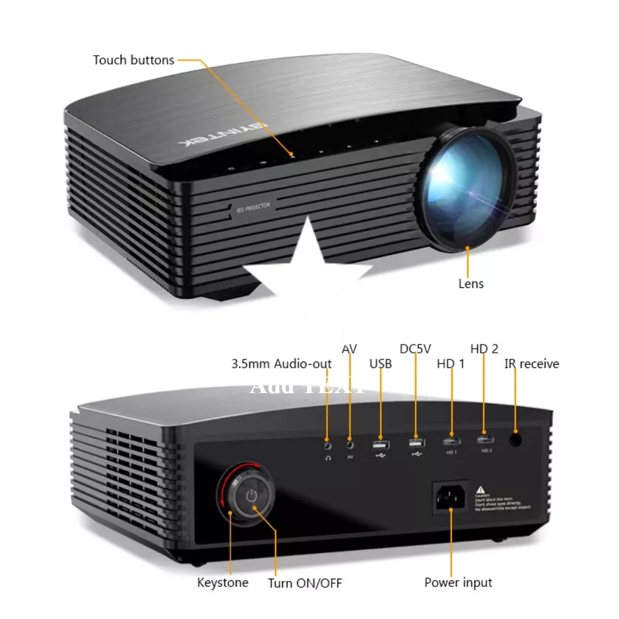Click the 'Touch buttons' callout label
point(134,60)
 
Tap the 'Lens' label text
point(471,284)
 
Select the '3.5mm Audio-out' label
point(281,364)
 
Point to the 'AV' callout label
point(349,349)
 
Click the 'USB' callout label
point(381,364)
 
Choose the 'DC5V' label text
point(415,349)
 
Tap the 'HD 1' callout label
point(451,364)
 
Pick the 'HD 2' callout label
point(484,349)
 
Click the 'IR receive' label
point(532,364)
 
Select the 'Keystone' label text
point(223,582)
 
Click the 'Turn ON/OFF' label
point(305,583)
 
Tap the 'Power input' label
point(458,582)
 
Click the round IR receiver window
point(515,439)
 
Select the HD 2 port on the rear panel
point(485,439)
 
